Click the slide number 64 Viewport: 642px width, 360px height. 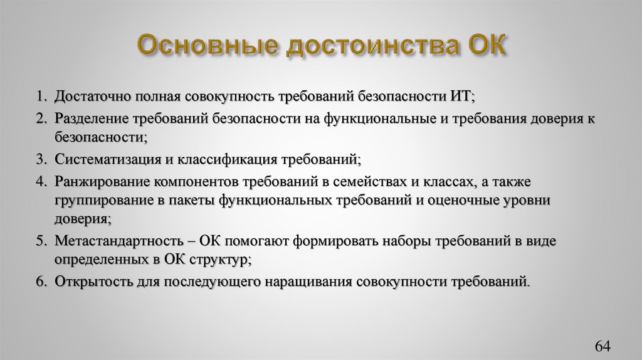pyautogui.click(x=602, y=346)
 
